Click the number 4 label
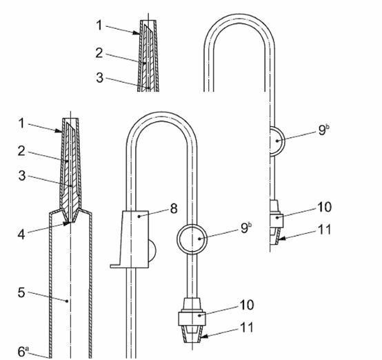(x=21, y=234)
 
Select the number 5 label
(x=21, y=292)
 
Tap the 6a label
(x=23, y=351)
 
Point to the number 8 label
(x=174, y=209)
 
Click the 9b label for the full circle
(x=246, y=228)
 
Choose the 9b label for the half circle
(x=324, y=130)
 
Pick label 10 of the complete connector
(x=247, y=305)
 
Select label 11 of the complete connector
(x=247, y=328)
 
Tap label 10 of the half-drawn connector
(x=324, y=207)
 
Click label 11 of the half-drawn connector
(x=325, y=230)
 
